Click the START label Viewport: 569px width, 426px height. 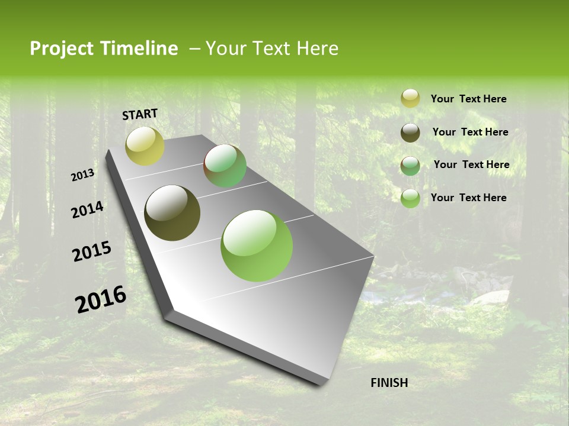[140, 114]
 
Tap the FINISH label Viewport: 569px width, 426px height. [389, 383]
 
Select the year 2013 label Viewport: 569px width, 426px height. [83, 175]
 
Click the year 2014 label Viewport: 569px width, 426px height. [87, 210]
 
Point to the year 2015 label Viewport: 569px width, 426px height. [92, 251]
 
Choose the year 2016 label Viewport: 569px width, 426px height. [101, 299]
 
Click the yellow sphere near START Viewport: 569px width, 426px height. [145, 146]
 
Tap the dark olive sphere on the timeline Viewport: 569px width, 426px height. [172, 213]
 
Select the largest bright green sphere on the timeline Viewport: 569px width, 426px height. [257, 246]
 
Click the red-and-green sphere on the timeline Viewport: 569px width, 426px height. [225, 166]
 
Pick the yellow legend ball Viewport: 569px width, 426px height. [410, 98]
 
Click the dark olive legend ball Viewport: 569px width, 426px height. [410, 133]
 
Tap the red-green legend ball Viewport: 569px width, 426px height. [410, 166]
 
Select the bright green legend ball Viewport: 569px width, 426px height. [410, 198]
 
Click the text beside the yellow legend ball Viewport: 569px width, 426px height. [468, 99]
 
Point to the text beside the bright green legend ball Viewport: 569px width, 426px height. [468, 198]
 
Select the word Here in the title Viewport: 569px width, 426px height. [317, 49]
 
